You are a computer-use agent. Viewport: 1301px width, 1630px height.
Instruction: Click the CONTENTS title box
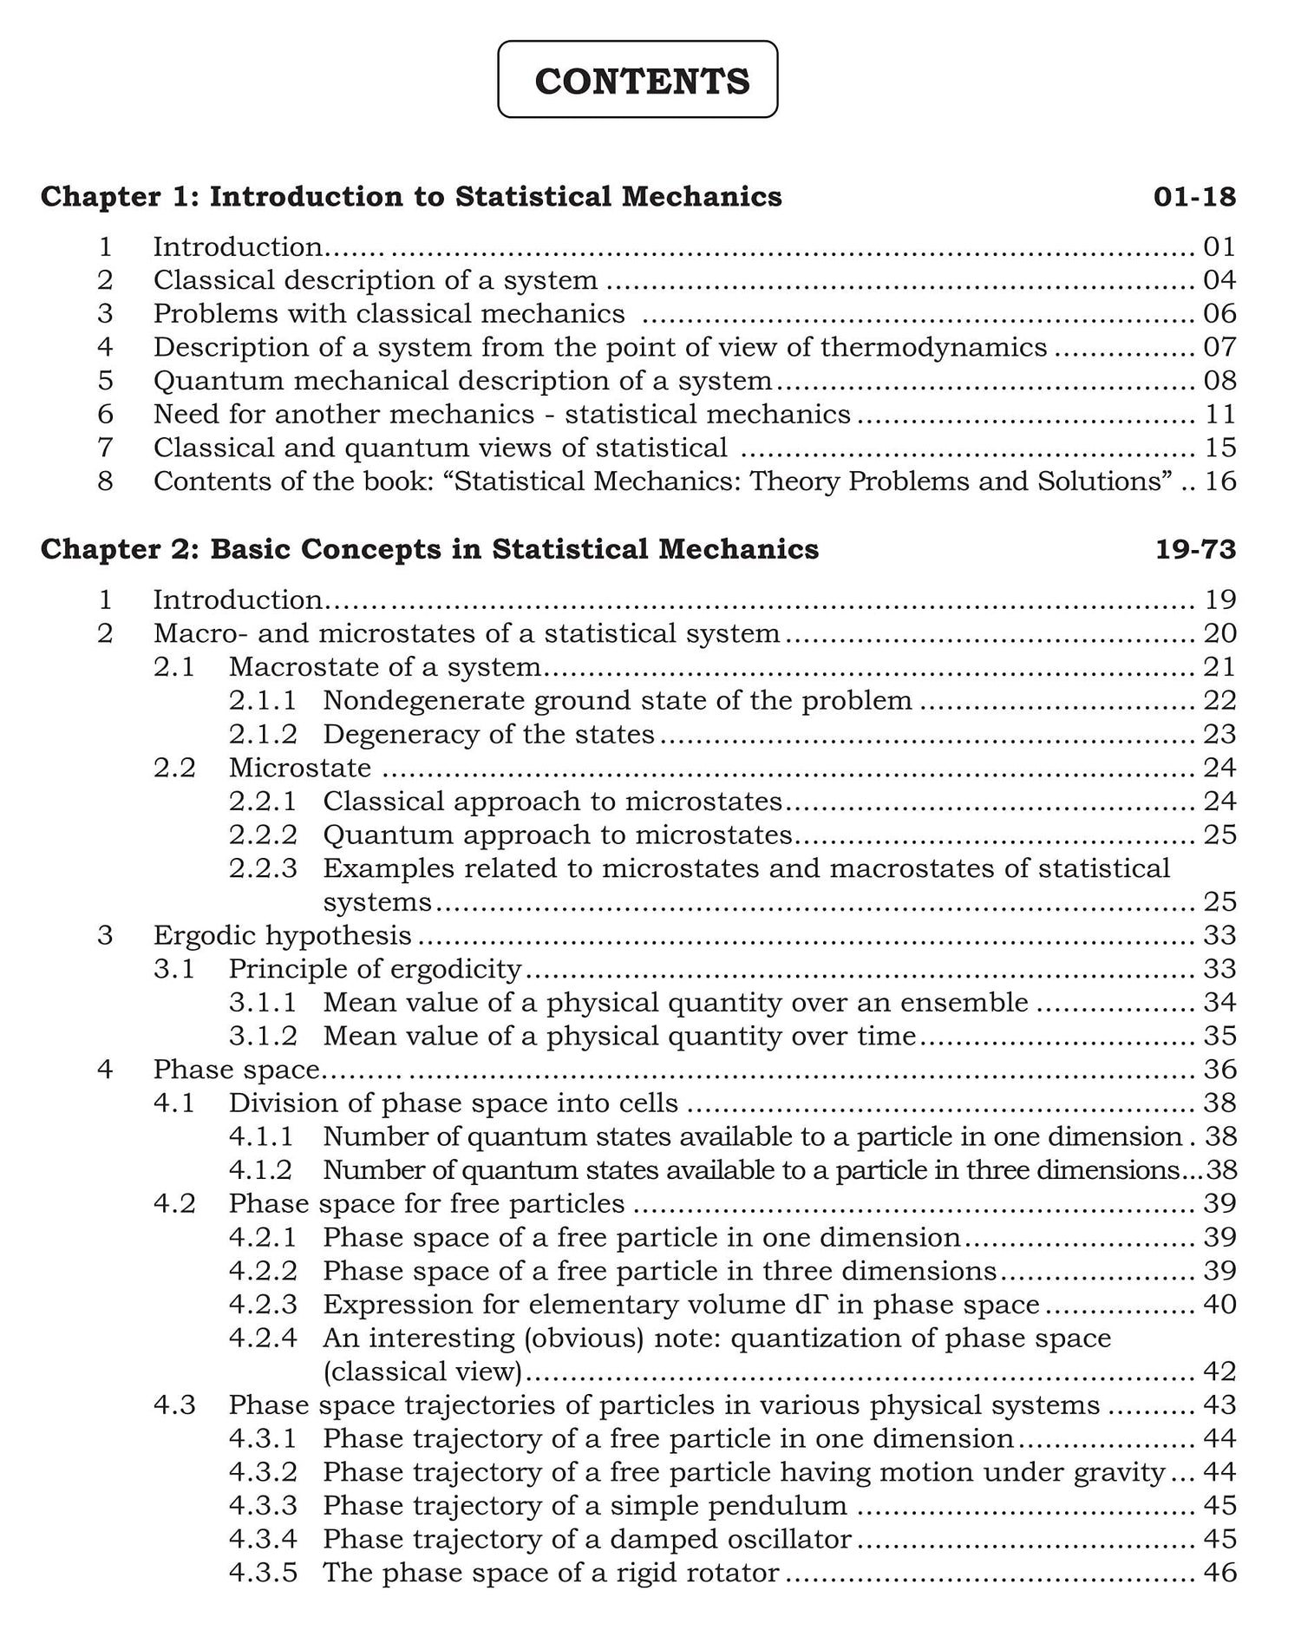tap(637, 80)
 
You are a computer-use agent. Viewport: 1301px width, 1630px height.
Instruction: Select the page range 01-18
tap(1193, 197)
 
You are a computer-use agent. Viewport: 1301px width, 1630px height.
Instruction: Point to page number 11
tap(1219, 415)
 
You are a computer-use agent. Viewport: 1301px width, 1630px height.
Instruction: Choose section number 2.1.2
tap(263, 734)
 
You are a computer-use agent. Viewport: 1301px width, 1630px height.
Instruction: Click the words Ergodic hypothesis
tap(282, 935)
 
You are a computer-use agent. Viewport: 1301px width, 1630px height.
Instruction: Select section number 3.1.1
tap(263, 1003)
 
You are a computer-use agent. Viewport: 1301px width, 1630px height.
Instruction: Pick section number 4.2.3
tap(263, 1305)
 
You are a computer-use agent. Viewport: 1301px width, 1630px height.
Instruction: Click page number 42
tap(1219, 1371)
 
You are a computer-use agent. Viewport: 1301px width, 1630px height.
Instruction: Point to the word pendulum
tap(788, 1506)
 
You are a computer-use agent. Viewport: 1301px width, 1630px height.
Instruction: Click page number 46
tap(1219, 1573)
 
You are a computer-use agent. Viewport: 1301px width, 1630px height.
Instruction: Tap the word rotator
tap(737, 1573)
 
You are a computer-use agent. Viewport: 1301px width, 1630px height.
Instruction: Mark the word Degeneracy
tap(398, 735)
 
